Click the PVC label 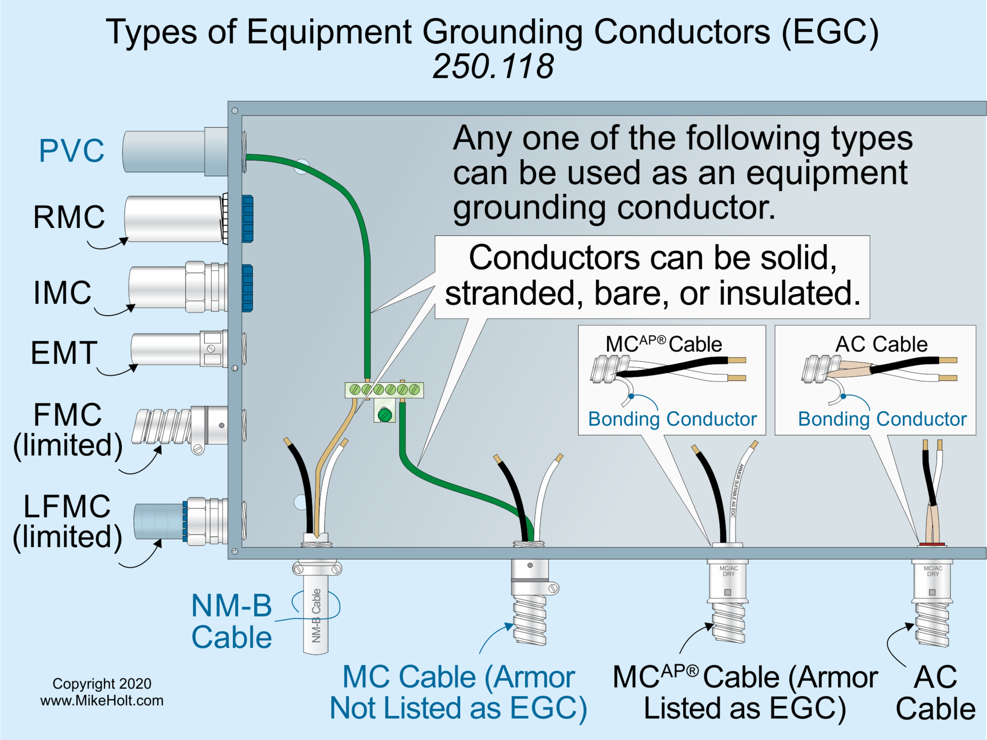71,151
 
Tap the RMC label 69,216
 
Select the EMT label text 64,353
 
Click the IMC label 62,293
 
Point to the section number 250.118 493,66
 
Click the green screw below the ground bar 385,414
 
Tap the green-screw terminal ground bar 384,390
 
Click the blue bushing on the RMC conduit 247,219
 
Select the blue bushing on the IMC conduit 247,288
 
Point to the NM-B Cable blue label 231,621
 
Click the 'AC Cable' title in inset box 881,344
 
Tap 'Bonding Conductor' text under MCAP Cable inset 672,419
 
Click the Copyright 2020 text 102,683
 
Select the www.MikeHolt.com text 102,700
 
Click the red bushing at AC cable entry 931,544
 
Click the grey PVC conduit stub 164,151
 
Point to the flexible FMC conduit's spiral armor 161,426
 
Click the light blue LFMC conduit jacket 158,521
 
